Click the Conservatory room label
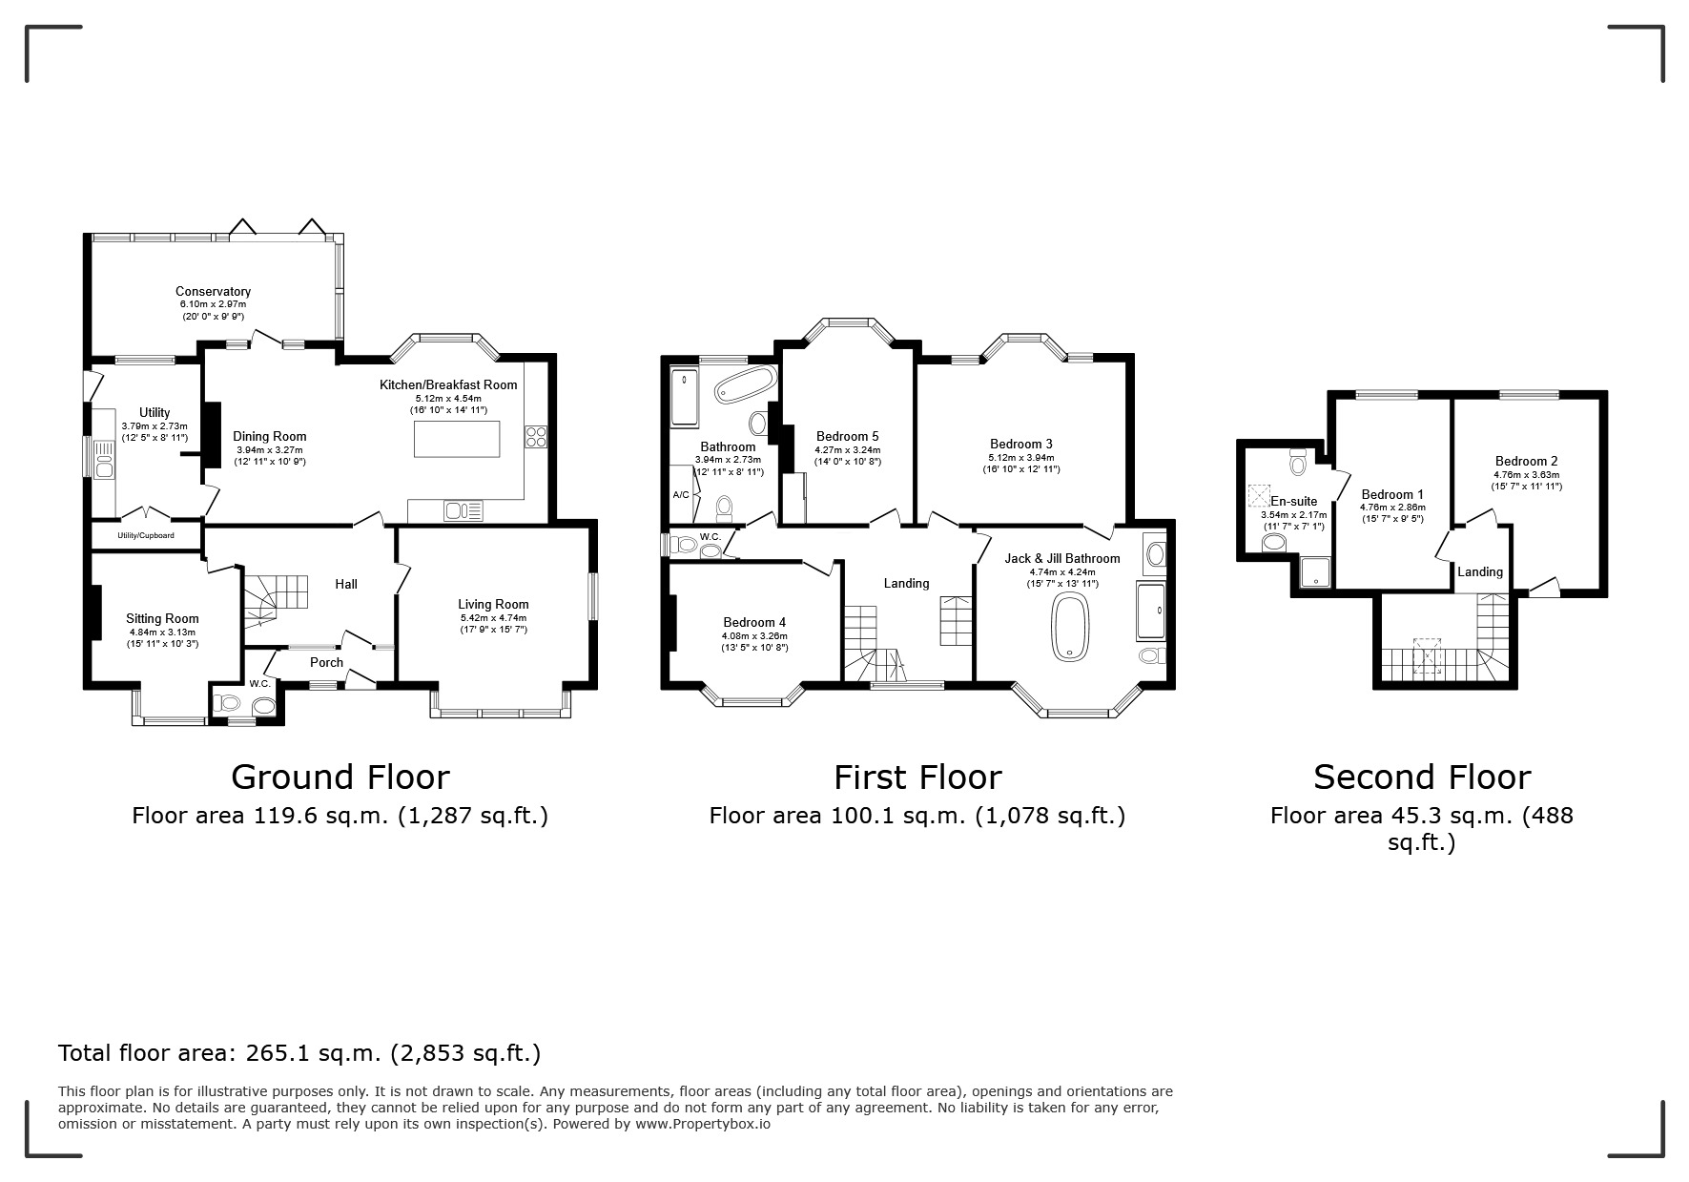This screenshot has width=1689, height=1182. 213,291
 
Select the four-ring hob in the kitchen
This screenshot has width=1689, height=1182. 535,437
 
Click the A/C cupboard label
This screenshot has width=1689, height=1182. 681,495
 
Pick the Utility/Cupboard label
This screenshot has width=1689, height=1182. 146,535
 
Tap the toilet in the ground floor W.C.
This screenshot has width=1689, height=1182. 227,703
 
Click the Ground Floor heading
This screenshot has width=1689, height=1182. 340,777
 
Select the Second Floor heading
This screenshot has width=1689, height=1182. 1422,777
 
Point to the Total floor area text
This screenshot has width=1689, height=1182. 299,1053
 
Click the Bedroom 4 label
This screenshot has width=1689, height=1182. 754,623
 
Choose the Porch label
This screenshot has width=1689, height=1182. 326,662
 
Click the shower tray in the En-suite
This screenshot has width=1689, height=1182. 1316,572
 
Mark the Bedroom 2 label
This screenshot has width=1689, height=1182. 1526,461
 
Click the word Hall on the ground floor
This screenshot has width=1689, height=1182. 346,584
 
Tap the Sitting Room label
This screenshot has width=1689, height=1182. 162,618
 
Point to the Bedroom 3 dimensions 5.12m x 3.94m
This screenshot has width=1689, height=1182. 1021,457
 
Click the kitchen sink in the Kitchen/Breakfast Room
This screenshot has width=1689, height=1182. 463,511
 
